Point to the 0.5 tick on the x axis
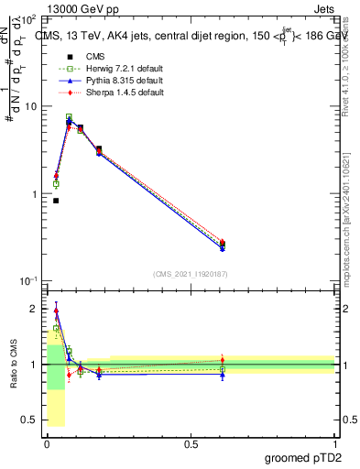[x=191, y=442]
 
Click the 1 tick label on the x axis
[x=334, y=442]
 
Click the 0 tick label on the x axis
[x=47, y=442]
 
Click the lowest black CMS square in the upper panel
[x=56, y=201]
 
